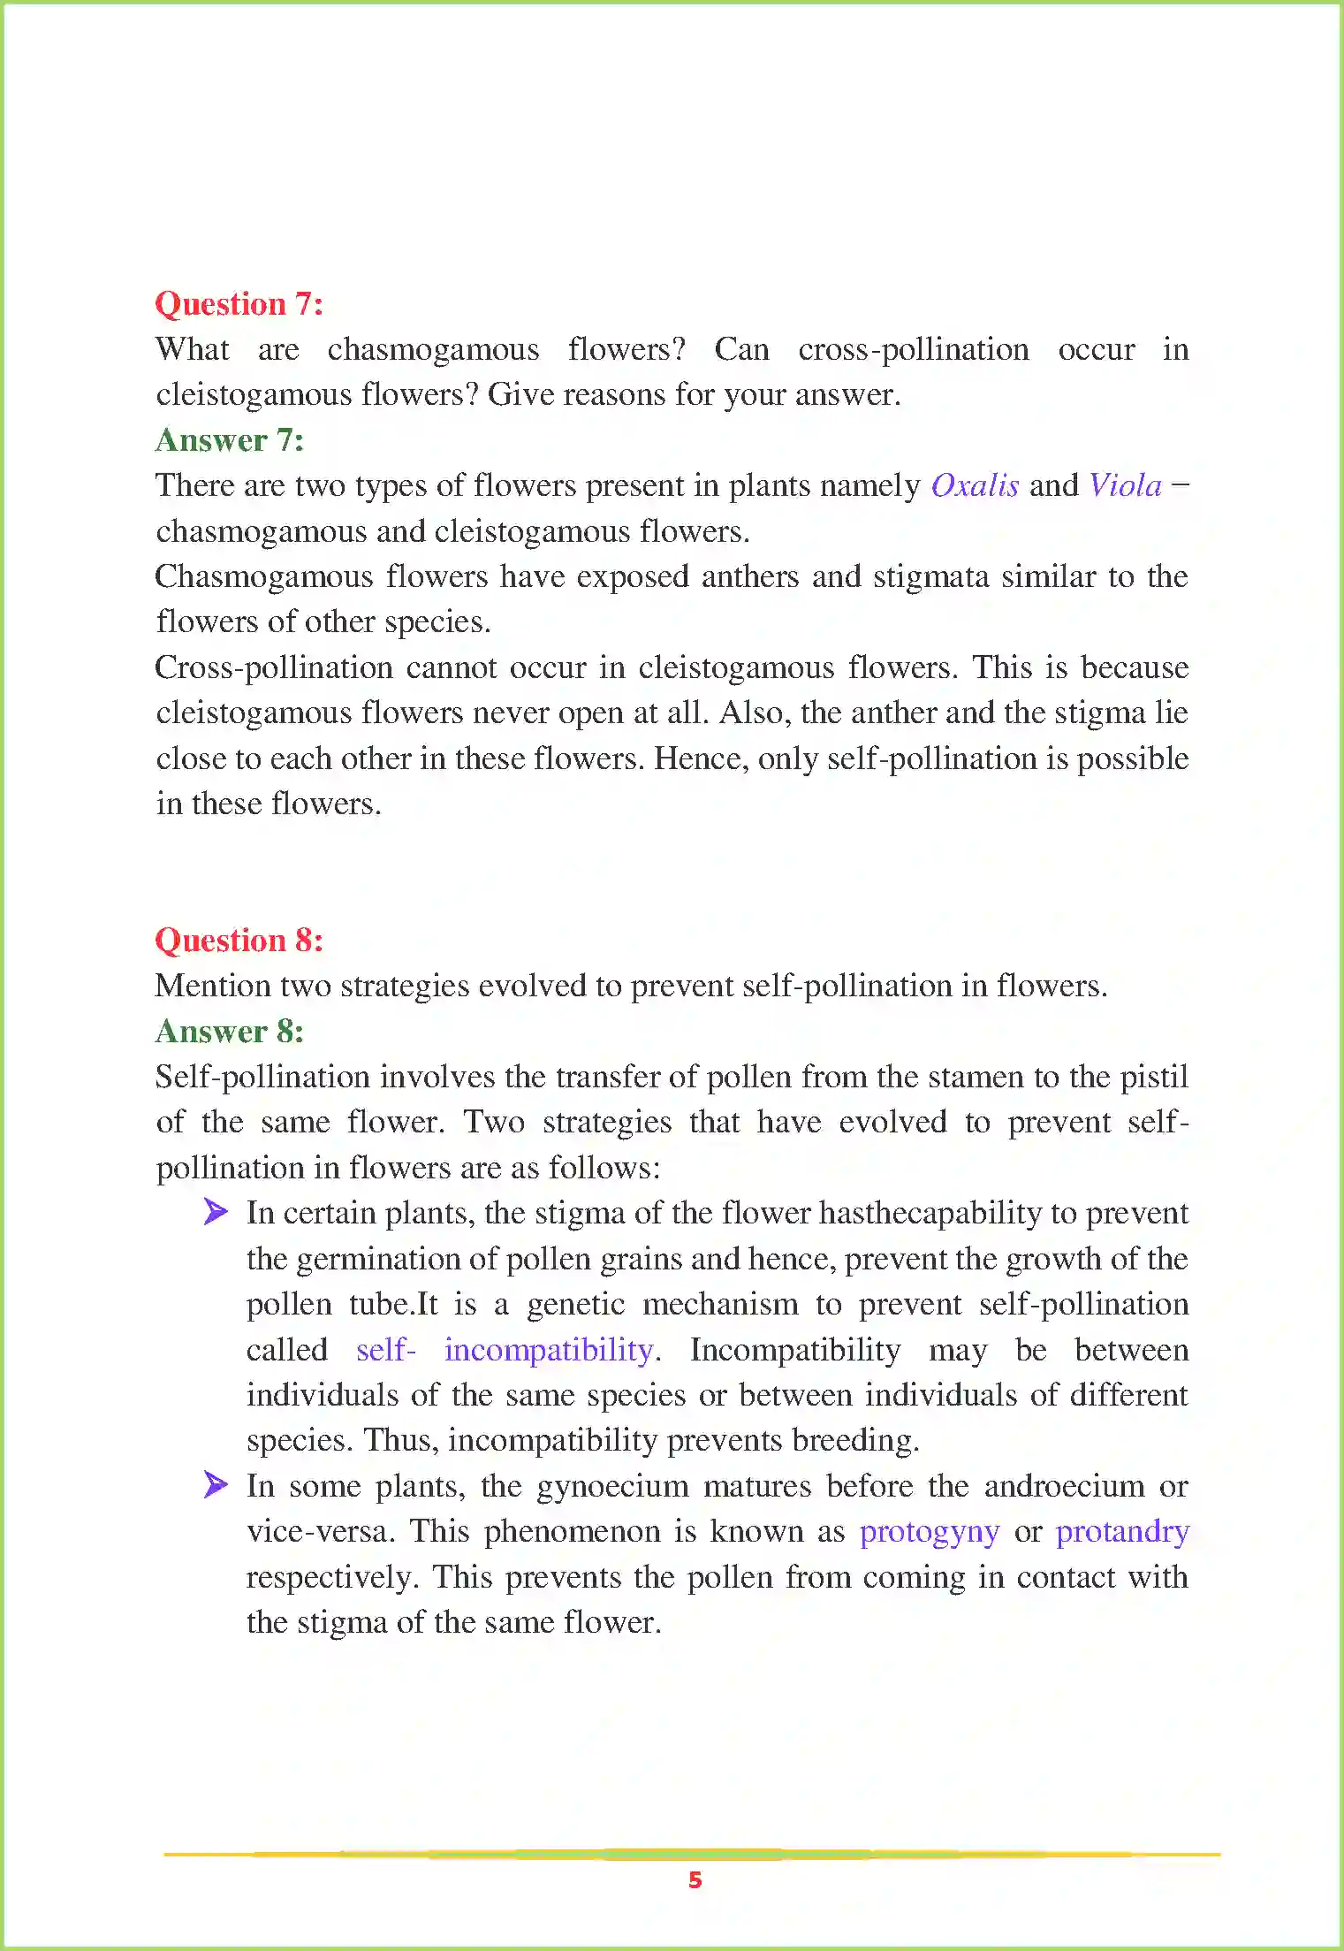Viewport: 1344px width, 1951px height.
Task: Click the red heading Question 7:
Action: click(239, 304)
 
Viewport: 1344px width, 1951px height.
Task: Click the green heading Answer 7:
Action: click(230, 440)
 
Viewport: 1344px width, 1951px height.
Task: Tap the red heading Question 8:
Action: click(239, 941)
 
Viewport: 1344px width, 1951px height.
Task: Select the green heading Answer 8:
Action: click(230, 1032)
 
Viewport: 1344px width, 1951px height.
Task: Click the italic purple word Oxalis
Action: click(975, 486)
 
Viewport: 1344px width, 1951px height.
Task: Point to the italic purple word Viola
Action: click(1125, 486)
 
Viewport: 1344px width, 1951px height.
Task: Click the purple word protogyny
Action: click(930, 1531)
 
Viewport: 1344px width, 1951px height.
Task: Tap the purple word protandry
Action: click(1122, 1531)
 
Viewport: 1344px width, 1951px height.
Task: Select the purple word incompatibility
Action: click(549, 1350)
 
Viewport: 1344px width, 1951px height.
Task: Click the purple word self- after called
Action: click(385, 1350)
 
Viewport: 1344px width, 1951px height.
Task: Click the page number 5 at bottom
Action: click(695, 1880)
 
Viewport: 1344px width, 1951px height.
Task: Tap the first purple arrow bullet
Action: click(215, 1212)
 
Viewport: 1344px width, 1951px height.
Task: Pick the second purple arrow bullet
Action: click(215, 1484)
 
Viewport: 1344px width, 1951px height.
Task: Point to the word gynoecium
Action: click(612, 1486)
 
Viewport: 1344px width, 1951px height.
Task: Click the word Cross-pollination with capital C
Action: click(274, 667)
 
